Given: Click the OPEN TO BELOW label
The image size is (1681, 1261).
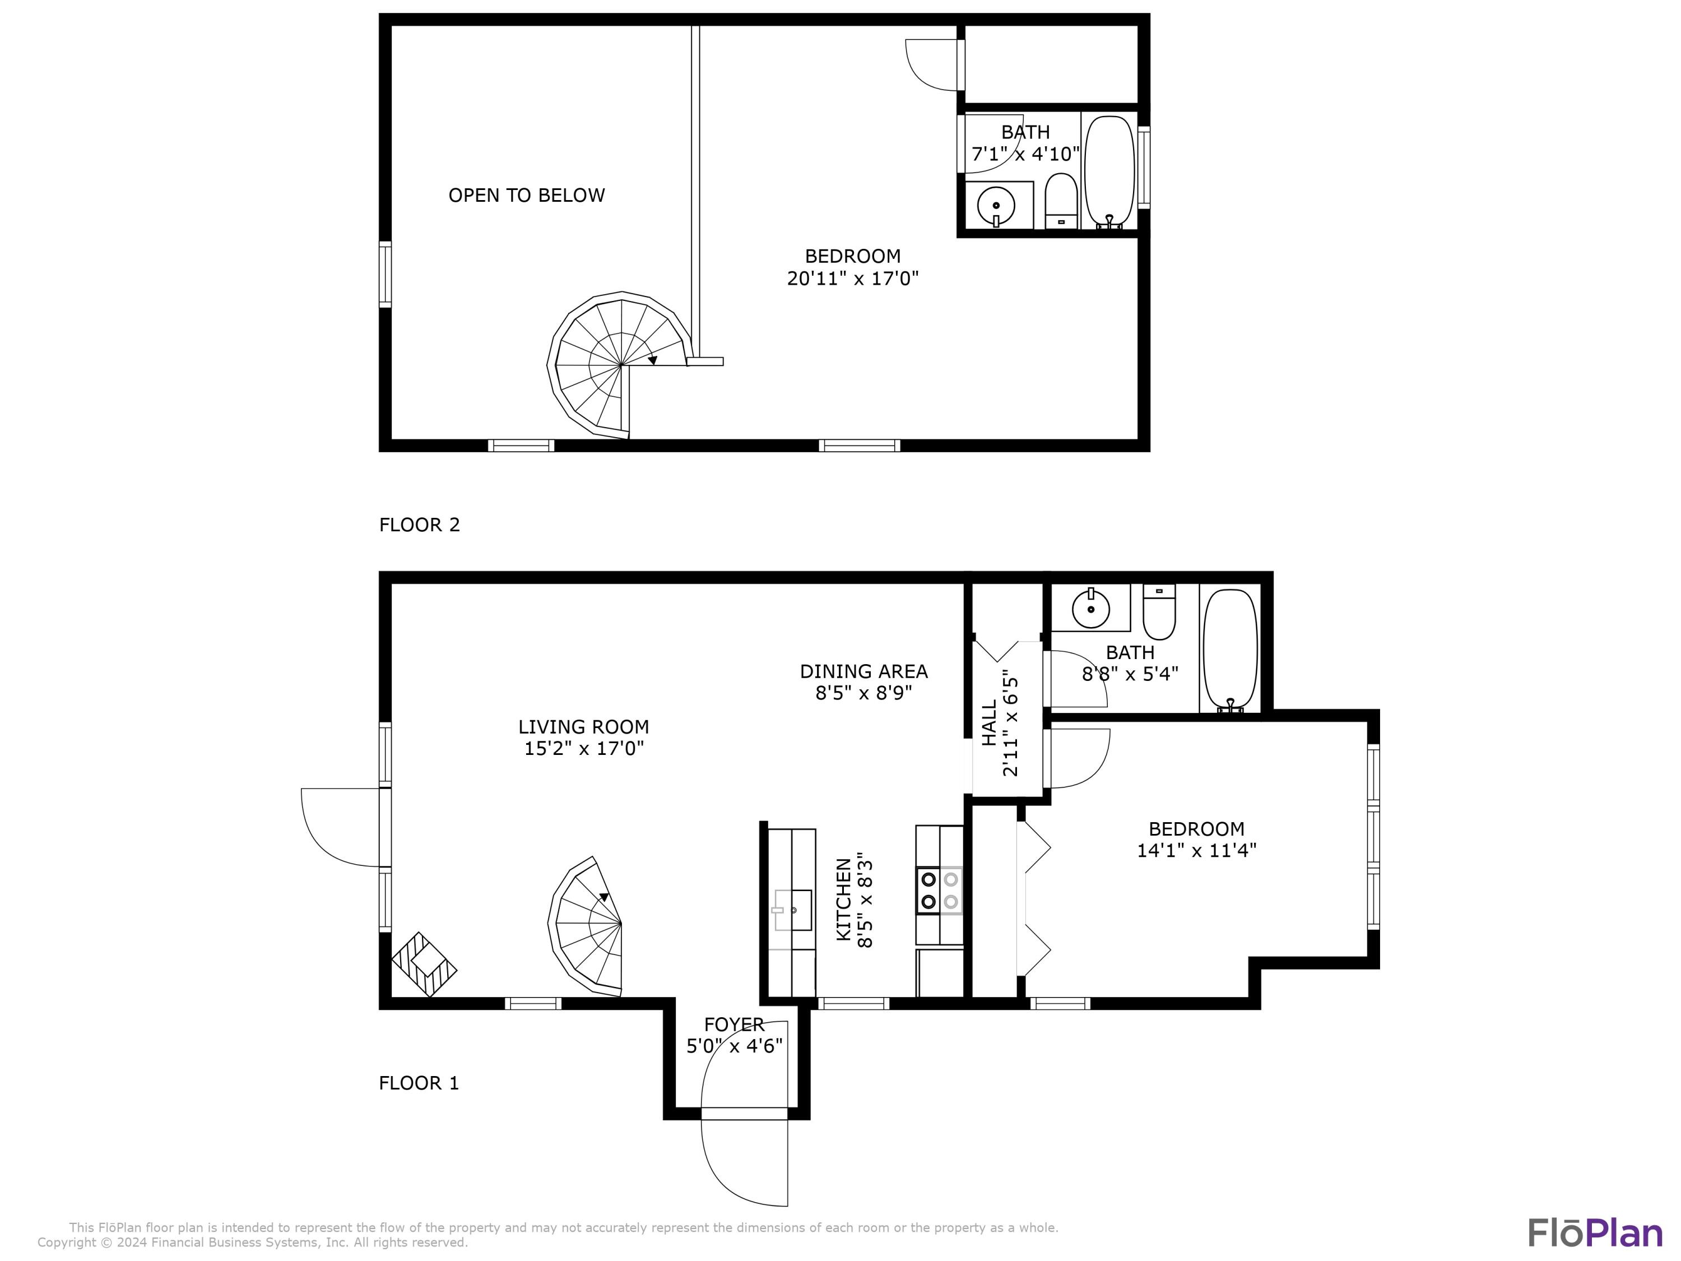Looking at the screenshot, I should tap(526, 196).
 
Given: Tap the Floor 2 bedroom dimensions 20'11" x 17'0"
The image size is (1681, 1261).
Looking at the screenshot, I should tap(853, 278).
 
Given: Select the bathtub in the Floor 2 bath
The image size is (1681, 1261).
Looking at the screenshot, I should tap(1109, 170).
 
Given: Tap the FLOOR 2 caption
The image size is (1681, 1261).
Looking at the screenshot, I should tap(420, 525).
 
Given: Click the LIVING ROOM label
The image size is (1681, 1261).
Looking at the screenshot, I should tap(584, 727).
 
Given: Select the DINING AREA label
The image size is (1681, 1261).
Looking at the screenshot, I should tap(863, 671).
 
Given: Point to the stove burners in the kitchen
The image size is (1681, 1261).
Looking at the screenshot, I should tap(939, 890).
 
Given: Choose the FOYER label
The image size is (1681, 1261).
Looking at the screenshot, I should tap(733, 1024).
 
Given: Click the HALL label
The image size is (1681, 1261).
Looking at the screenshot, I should tap(990, 723).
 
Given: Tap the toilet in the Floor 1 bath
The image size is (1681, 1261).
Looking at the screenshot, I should tap(1159, 613).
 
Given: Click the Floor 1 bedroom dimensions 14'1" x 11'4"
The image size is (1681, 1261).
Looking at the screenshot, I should tap(1196, 850).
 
